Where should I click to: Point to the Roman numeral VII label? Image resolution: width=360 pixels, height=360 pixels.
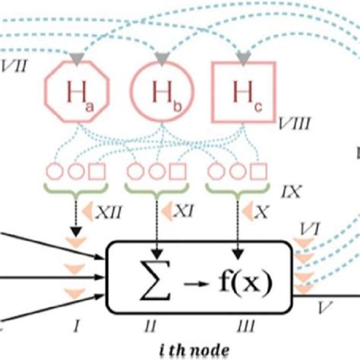coord(14,65)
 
